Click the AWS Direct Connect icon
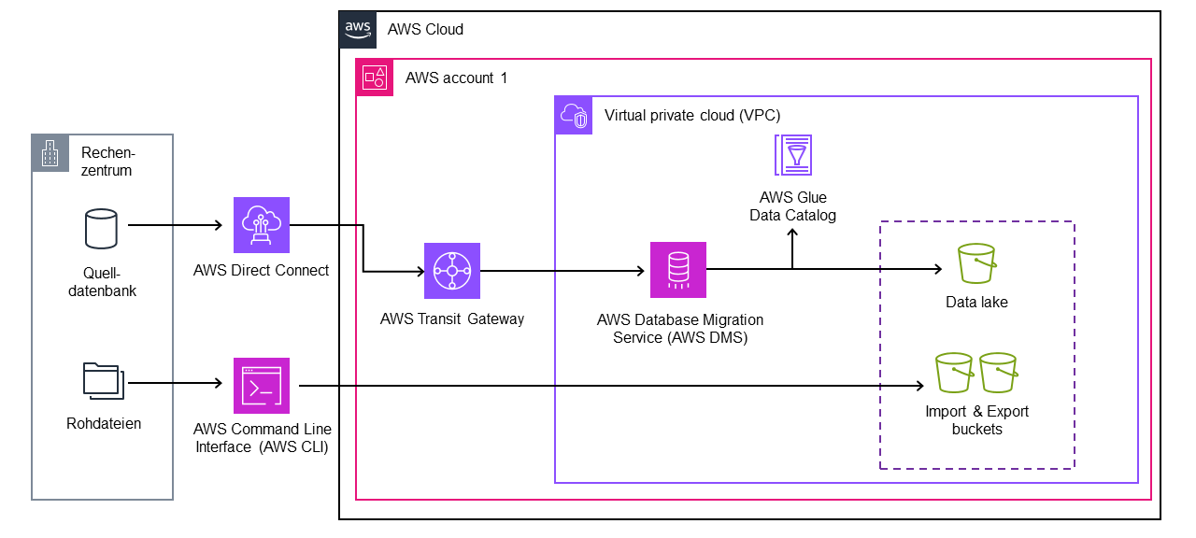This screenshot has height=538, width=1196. pos(261,226)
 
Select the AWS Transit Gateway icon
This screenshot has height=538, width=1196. pos(452,271)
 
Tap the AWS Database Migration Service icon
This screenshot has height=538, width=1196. pos(677,270)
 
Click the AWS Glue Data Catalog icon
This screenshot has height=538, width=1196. pos(792,155)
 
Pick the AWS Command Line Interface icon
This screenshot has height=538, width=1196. pos(261,386)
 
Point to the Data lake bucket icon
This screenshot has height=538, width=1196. pos(977,264)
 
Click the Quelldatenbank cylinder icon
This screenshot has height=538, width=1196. pos(101,229)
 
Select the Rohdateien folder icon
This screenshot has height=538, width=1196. pos(102,381)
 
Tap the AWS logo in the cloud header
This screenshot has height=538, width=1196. pos(358,29)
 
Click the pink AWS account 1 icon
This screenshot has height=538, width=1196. pos(375,77)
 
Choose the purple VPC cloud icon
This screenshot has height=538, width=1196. pos(574,115)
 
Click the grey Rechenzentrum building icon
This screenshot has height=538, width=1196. pos(50,153)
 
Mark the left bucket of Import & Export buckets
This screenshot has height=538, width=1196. pos(955,374)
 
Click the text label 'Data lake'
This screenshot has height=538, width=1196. pos(976,303)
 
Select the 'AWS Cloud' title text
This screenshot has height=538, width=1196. pos(425,30)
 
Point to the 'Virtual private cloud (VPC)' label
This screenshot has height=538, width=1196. pos(692,116)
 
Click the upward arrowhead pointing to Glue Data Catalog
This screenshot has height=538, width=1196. pos(792,233)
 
